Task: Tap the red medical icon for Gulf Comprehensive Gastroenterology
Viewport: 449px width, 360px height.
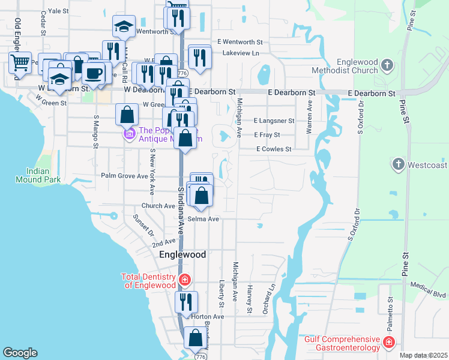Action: coord(389,343)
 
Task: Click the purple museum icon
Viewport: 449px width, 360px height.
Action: coord(129,134)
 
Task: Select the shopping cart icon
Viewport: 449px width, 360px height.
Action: coord(20,62)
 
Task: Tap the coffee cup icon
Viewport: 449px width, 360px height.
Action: coord(93,73)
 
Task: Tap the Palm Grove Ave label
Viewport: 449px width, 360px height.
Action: coord(124,176)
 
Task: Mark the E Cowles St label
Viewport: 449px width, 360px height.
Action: coord(274,149)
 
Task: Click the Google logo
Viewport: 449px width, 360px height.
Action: coord(20,353)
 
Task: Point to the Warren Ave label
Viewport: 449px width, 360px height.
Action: coord(310,117)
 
